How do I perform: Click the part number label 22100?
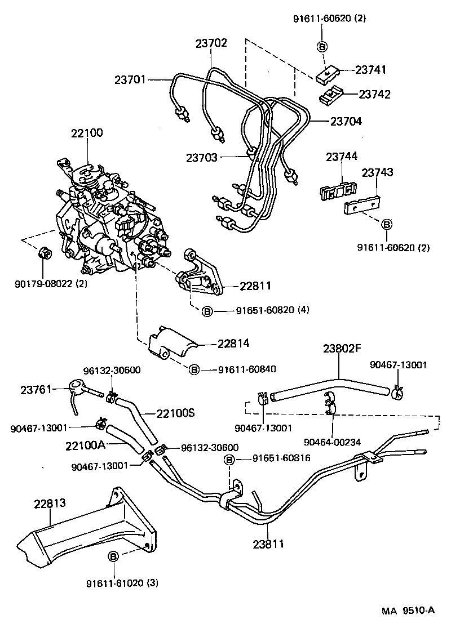click(87, 133)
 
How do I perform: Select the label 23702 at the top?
click(211, 43)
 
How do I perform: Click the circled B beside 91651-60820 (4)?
click(207, 310)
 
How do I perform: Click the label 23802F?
click(341, 348)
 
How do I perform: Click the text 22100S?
click(175, 413)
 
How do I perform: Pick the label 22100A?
click(85, 445)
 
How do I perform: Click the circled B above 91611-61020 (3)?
click(113, 556)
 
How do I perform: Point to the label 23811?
click(267, 544)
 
